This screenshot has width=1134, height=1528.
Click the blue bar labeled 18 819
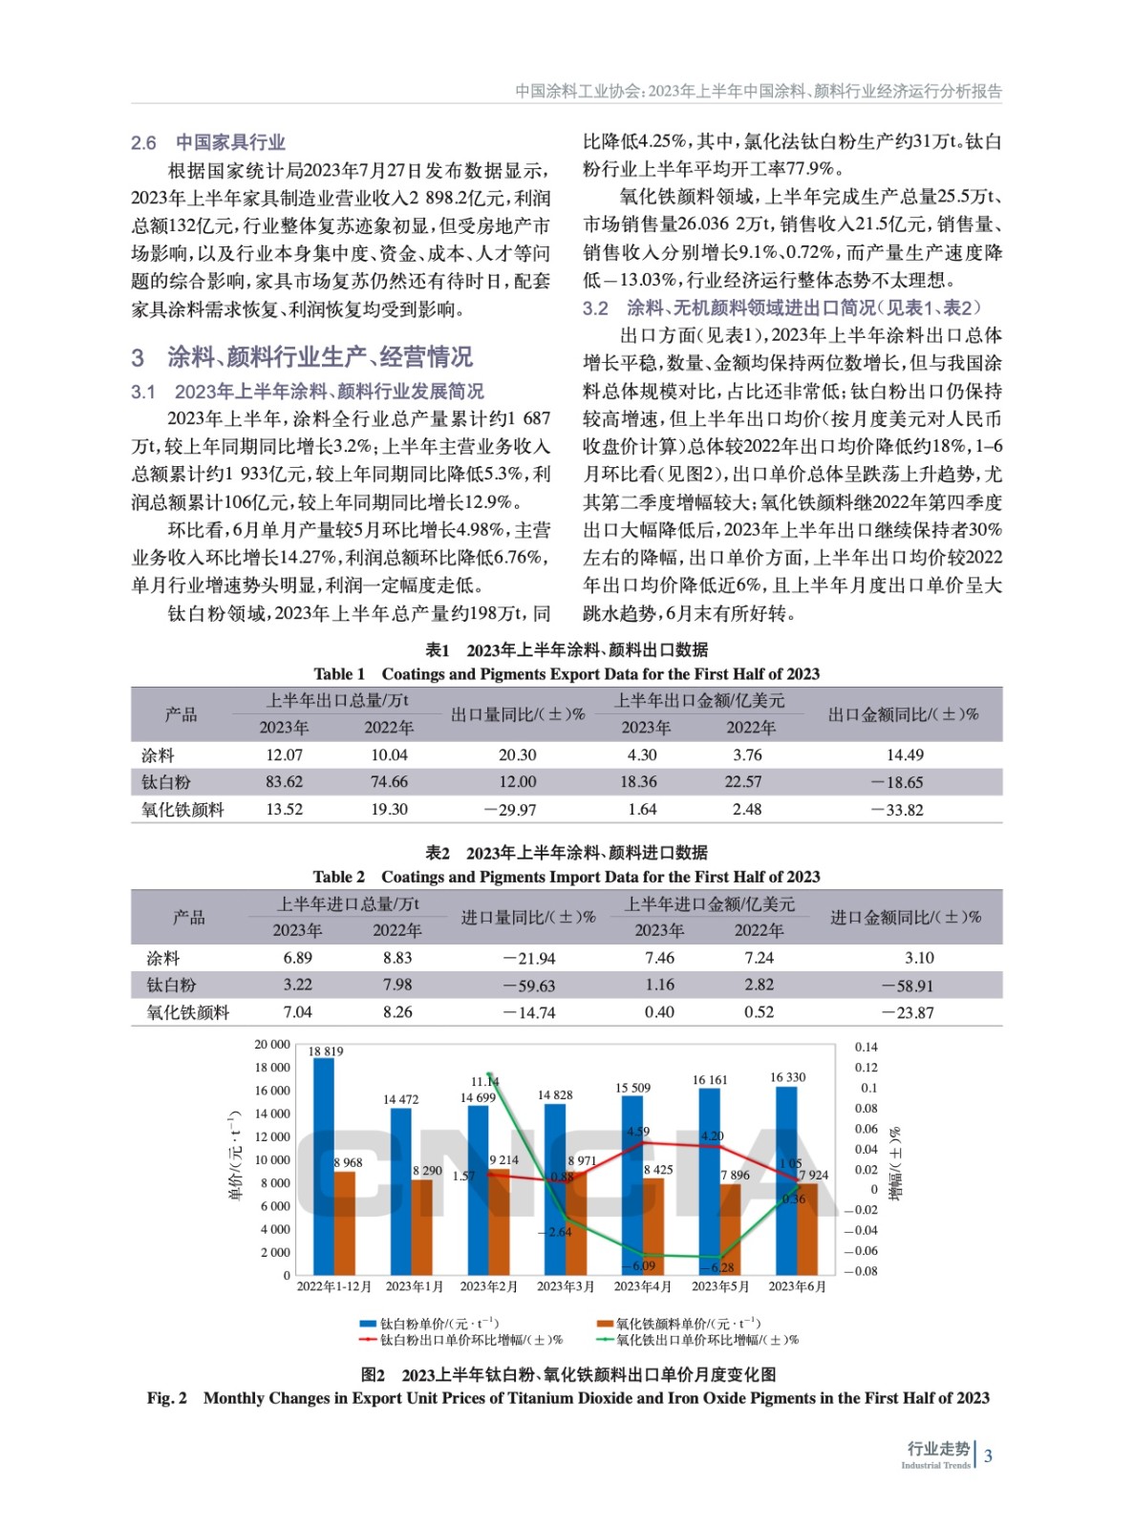point(324,1165)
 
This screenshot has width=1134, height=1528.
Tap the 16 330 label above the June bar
point(787,1077)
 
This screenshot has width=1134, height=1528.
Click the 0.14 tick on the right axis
point(866,1048)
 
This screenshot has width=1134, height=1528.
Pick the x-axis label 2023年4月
point(642,1286)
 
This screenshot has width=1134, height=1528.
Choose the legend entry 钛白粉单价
point(429,1324)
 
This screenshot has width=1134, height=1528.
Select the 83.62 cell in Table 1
point(284,782)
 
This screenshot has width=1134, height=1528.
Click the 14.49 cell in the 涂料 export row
point(904,754)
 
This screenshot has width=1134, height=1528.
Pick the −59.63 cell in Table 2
point(529,986)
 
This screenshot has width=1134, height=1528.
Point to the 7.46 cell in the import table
point(659,958)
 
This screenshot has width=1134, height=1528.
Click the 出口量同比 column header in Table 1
point(517,714)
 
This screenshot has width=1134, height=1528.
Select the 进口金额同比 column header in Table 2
point(905,917)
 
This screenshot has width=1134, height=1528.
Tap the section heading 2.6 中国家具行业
point(208,143)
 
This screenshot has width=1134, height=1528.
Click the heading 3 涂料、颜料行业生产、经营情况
point(302,357)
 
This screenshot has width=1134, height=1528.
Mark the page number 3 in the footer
point(988,1456)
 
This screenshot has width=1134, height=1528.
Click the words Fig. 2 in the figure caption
point(167,1398)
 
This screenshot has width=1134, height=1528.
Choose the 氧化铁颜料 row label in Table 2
point(187,1012)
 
